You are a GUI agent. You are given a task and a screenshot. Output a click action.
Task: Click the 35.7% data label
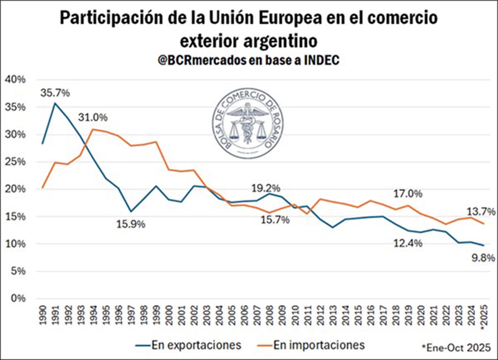[55, 93]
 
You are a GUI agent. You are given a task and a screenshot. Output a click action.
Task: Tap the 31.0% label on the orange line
[93, 117]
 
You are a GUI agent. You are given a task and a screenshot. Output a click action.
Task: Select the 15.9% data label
[131, 224]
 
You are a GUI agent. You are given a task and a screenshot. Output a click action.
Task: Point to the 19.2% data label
[266, 188]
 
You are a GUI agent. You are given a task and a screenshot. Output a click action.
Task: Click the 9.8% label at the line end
[483, 258]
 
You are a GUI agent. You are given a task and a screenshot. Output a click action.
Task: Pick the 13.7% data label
[481, 212]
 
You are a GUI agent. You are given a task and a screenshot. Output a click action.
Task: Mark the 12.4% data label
[408, 243]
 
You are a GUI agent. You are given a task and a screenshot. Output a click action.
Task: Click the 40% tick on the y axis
[15, 79]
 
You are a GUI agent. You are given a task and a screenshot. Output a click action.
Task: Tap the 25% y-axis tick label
[15, 162]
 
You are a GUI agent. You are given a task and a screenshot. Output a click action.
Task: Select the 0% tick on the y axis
[18, 298]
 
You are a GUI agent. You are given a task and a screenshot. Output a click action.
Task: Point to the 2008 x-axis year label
[269, 315]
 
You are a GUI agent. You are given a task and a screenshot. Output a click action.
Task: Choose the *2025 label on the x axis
[484, 317]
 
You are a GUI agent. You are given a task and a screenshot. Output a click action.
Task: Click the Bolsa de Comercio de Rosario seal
[248, 123]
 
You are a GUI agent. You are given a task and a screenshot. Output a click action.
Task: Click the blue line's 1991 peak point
[55, 103]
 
